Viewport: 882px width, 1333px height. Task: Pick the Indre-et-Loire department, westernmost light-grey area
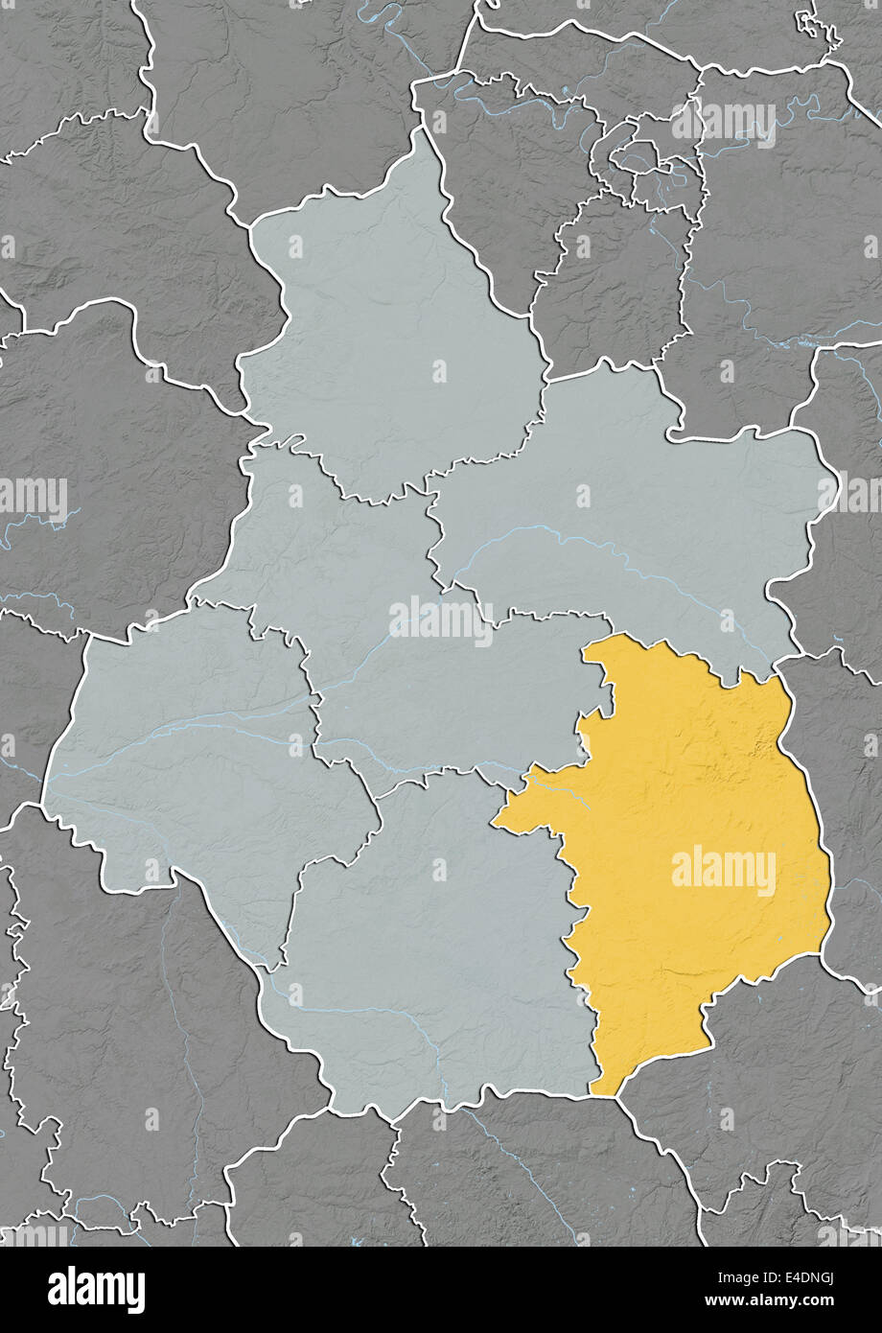pyautogui.click(x=192, y=748)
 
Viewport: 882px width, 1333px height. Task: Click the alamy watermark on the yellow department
pyautogui.click(x=724, y=872)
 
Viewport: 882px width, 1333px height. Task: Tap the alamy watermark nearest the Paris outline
pyautogui.click(x=724, y=122)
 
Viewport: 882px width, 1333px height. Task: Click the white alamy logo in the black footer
pyautogui.click(x=96, y=1290)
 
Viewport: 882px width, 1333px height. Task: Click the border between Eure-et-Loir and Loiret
pyautogui.click(x=537, y=384)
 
